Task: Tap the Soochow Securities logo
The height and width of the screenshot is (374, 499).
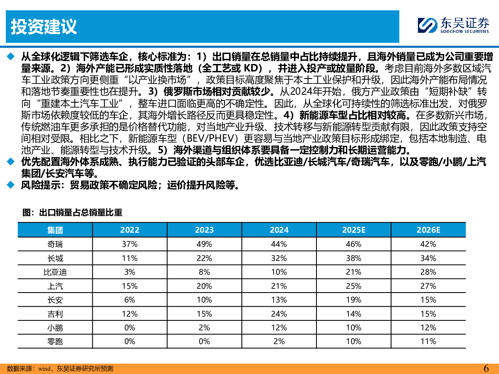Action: pyautogui.click(x=454, y=26)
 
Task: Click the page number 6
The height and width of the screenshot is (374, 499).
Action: pyautogui.click(x=486, y=368)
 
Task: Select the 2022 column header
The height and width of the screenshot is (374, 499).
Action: pyautogui.click(x=130, y=230)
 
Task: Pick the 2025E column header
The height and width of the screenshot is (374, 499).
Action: pyautogui.click(x=353, y=230)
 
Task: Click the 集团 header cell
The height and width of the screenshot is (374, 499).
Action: pyautogui.click(x=55, y=230)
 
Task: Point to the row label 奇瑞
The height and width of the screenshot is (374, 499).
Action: pyautogui.click(x=55, y=244)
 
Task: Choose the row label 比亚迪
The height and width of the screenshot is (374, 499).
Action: pyautogui.click(x=55, y=272)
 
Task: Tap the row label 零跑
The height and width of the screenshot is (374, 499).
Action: pyautogui.click(x=55, y=342)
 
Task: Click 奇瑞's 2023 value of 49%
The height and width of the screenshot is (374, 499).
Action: pyautogui.click(x=204, y=244)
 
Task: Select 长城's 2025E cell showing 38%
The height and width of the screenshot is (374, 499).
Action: pyautogui.click(x=353, y=258)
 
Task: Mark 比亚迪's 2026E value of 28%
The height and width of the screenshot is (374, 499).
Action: pyautogui.click(x=428, y=272)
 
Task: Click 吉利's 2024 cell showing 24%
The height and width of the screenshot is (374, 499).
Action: pyautogui.click(x=279, y=314)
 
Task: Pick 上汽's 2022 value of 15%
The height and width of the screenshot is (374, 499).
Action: pyautogui.click(x=130, y=286)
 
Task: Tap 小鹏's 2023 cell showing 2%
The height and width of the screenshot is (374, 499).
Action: pyautogui.click(x=204, y=327)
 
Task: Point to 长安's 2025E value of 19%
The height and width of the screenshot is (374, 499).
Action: pyautogui.click(x=353, y=300)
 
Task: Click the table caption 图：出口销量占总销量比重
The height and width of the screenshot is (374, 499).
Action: pyautogui.click(x=72, y=213)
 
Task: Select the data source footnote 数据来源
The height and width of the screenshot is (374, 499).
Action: pyautogui.click(x=60, y=369)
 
